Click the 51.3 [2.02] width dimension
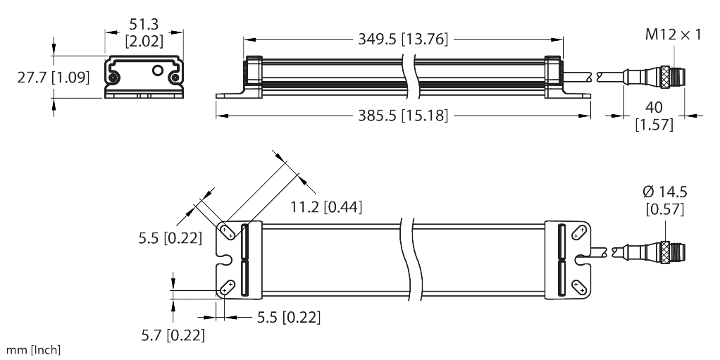point(144,33)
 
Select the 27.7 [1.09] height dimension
point(54,77)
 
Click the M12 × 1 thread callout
point(673,34)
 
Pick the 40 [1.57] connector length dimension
point(654,116)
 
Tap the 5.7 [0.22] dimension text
point(173,336)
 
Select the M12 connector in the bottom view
point(669,251)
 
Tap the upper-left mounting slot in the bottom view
point(227,230)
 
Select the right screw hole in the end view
point(173,80)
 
